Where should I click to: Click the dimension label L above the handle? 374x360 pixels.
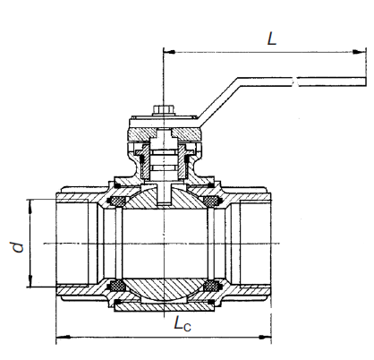272,39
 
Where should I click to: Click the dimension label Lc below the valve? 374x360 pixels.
182,324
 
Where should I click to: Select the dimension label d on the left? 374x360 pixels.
18,247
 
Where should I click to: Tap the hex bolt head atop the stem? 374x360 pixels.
163,110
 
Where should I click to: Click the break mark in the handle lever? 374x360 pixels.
294,81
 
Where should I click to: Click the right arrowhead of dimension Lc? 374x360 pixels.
265,338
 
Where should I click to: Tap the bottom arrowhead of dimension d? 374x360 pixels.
30,280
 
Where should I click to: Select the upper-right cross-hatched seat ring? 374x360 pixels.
211,201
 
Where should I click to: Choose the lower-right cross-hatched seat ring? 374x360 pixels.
211,286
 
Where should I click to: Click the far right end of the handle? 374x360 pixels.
366,81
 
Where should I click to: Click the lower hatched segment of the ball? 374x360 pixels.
164,289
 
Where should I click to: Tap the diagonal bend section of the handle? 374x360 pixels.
218,101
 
